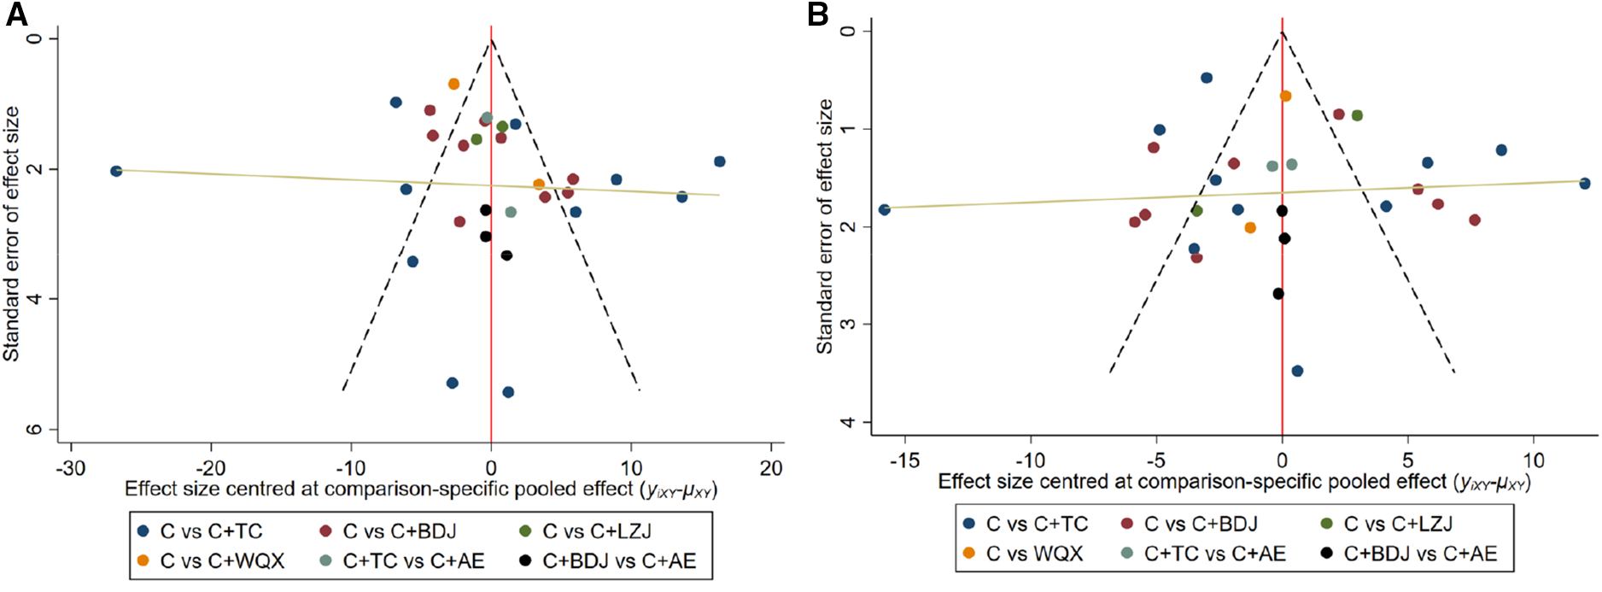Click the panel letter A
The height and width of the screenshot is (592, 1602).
click(x=16, y=15)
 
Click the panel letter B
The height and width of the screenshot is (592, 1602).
click(x=817, y=15)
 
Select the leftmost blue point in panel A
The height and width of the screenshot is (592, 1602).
click(x=116, y=171)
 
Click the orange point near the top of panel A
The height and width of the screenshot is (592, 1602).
click(x=453, y=84)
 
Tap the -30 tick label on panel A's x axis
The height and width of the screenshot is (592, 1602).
click(x=70, y=468)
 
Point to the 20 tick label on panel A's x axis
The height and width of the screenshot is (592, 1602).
click(x=770, y=468)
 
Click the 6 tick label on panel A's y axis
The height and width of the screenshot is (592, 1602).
click(x=34, y=429)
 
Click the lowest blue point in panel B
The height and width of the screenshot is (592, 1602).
click(x=1297, y=371)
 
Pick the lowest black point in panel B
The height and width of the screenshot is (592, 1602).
click(x=1278, y=294)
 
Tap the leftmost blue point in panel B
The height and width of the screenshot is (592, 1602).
click(x=885, y=209)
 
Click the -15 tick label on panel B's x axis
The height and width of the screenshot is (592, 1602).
click(x=904, y=460)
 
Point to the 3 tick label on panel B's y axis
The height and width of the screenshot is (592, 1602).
click(x=847, y=325)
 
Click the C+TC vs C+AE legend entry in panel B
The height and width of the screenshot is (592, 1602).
click(x=1213, y=554)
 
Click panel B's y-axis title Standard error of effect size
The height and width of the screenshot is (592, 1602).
click(x=825, y=226)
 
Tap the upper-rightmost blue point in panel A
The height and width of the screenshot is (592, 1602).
click(x=720, y=161)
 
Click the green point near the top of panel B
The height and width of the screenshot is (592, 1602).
click(x=1357, y=115)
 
